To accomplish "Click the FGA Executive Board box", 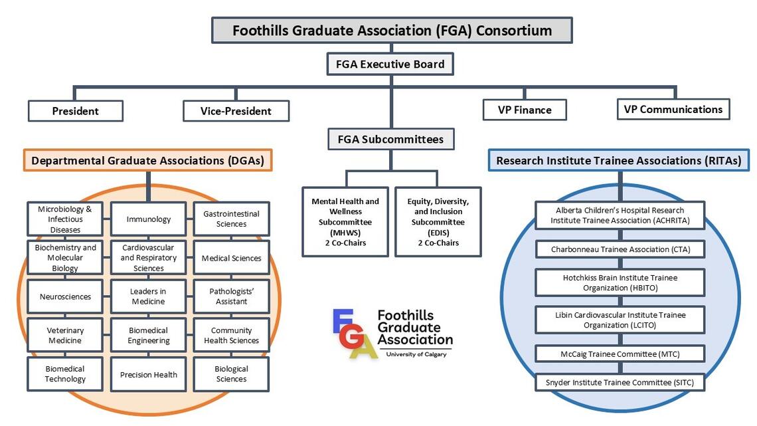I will click(390, 64).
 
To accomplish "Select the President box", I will click(75, 111).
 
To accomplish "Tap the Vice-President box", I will click(236, 111).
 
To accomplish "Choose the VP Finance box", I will click(524, 110).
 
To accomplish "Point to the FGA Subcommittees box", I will click(390, 140).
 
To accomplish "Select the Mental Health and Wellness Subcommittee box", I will click(345, 221).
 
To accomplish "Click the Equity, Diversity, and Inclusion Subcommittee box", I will click(438, 221).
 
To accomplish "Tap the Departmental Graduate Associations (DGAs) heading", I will click(147, 161).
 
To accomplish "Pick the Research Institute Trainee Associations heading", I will click(618, 160).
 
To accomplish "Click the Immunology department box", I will click(149, 219).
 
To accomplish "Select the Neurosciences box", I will click(65, 296).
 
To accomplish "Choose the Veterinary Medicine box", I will click(65, 335).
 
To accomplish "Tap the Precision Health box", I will click(149, 374).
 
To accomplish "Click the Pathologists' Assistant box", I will click(231, 296).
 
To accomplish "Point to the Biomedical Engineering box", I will click(149, 335).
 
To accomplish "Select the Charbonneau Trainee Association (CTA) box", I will click(620, 249).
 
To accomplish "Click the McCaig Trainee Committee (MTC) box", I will click(620, 354).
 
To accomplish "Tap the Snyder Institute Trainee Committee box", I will click(620, 382).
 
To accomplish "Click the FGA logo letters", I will click(352, 332).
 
